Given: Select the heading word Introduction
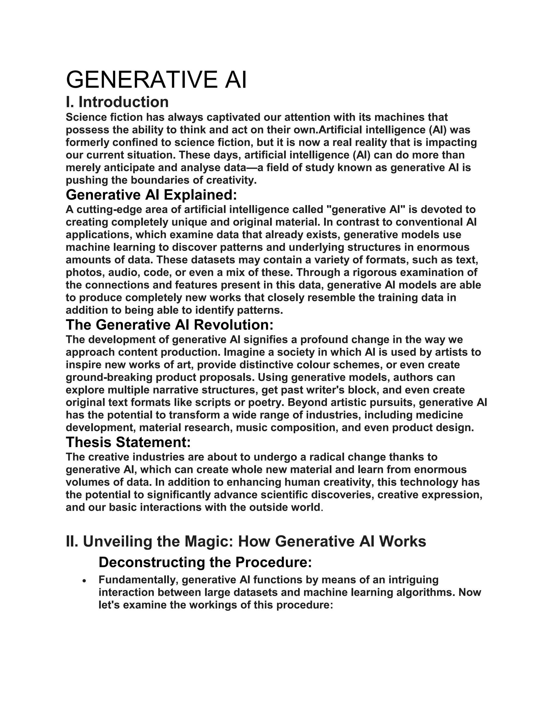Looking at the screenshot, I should (x=123, y=102).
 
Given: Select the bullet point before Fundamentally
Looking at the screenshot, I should (x=85, y=581).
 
